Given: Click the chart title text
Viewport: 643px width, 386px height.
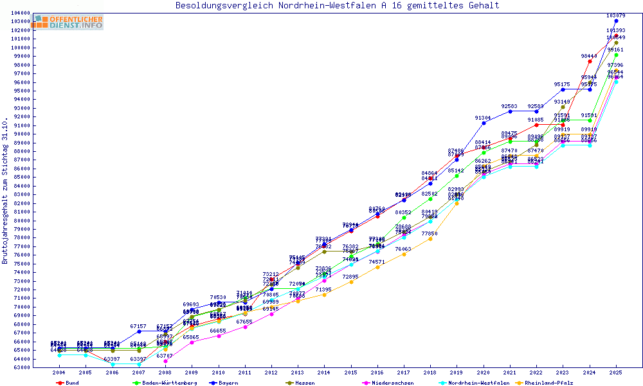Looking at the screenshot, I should (338, 6).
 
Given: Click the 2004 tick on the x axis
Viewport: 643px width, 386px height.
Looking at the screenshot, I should (59, 372).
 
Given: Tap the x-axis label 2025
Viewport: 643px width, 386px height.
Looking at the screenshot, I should (616, 372).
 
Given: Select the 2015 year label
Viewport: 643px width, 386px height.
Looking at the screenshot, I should (350, 372).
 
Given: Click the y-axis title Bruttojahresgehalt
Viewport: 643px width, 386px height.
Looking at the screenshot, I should (5, 191).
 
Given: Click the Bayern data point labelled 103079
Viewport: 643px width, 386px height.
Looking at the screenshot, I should (616, 21).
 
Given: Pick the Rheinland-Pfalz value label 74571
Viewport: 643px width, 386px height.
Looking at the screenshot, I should (377, 262).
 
